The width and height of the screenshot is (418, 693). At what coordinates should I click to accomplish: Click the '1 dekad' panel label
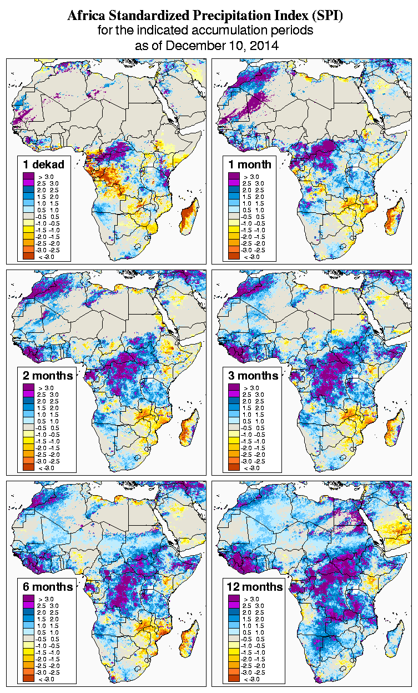point(44,164)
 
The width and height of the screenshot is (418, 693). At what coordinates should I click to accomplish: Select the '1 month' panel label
point(249,164)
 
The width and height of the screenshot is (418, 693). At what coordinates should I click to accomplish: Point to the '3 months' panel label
point(253,375)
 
